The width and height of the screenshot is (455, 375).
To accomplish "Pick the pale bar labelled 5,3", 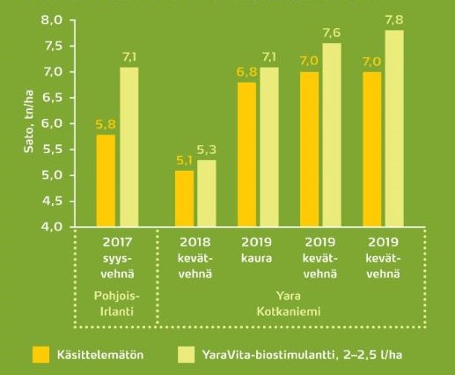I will coord(208,194).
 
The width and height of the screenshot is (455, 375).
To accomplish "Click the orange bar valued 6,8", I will coord(247,154).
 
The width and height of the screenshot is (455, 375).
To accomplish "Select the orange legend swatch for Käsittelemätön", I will coord(40,355).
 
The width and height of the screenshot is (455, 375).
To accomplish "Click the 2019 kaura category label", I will coord(259,252).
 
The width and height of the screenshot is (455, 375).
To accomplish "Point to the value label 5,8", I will coord(105,124).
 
